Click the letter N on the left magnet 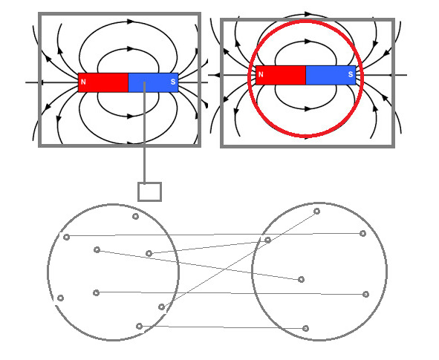click(83, 82)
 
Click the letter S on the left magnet click(173, 82)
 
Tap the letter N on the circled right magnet click(261, 74)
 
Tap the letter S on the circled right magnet click(351, 74)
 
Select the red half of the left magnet click(103, 82)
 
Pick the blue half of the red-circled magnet click(331, 75)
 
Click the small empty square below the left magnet click(150, 192)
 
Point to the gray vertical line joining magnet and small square click(144, 132)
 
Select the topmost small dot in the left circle click(135, 216)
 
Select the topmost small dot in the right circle click(316, 212)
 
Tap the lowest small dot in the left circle click(139, 326)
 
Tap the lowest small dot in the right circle click(306, 328)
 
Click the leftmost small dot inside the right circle click(267, 240)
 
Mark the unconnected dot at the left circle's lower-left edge click(60, 298)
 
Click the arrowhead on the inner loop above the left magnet click(130, 49)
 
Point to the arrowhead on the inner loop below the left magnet click(130, 116)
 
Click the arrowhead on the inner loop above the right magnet click(308, 42)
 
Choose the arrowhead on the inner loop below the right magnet click(308, 108)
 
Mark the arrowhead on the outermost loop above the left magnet click(130, 22)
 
